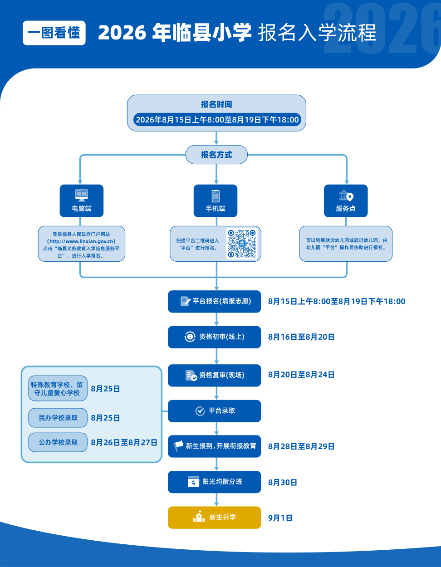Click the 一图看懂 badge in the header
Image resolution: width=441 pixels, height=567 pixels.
coord(54,33)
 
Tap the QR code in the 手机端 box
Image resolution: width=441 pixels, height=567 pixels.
coord(242,244)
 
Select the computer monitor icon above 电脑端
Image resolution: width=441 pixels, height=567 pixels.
coord(82,196)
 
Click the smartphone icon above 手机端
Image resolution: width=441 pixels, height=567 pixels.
coord(216,196)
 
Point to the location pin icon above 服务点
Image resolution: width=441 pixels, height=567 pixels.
coord(350,197)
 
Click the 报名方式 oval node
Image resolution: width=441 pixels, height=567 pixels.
coord(216,155)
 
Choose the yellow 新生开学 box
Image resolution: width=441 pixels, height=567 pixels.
coord(214,518)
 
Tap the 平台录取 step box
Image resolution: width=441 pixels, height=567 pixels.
coord(214,411)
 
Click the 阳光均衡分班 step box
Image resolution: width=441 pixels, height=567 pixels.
coord(214,482)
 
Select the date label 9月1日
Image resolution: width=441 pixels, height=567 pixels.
coord(280,518)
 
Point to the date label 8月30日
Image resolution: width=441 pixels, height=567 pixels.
coord(283,483)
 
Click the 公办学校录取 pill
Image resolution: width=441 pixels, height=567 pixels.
coord(58,442)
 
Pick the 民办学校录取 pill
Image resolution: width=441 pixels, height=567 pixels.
coord(58,418)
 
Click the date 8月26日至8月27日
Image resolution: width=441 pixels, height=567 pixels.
coord(124,443)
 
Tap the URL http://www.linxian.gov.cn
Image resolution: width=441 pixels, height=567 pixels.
coord(81,241)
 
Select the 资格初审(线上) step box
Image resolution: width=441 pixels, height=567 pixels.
coord(214,337)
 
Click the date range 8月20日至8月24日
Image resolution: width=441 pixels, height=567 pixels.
coord(301,375)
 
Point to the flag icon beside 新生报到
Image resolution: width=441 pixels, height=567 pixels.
coord(178,446)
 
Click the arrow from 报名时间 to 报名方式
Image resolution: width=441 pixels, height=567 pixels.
coord(216,138)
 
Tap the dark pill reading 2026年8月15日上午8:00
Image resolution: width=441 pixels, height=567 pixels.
coord(217,119)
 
